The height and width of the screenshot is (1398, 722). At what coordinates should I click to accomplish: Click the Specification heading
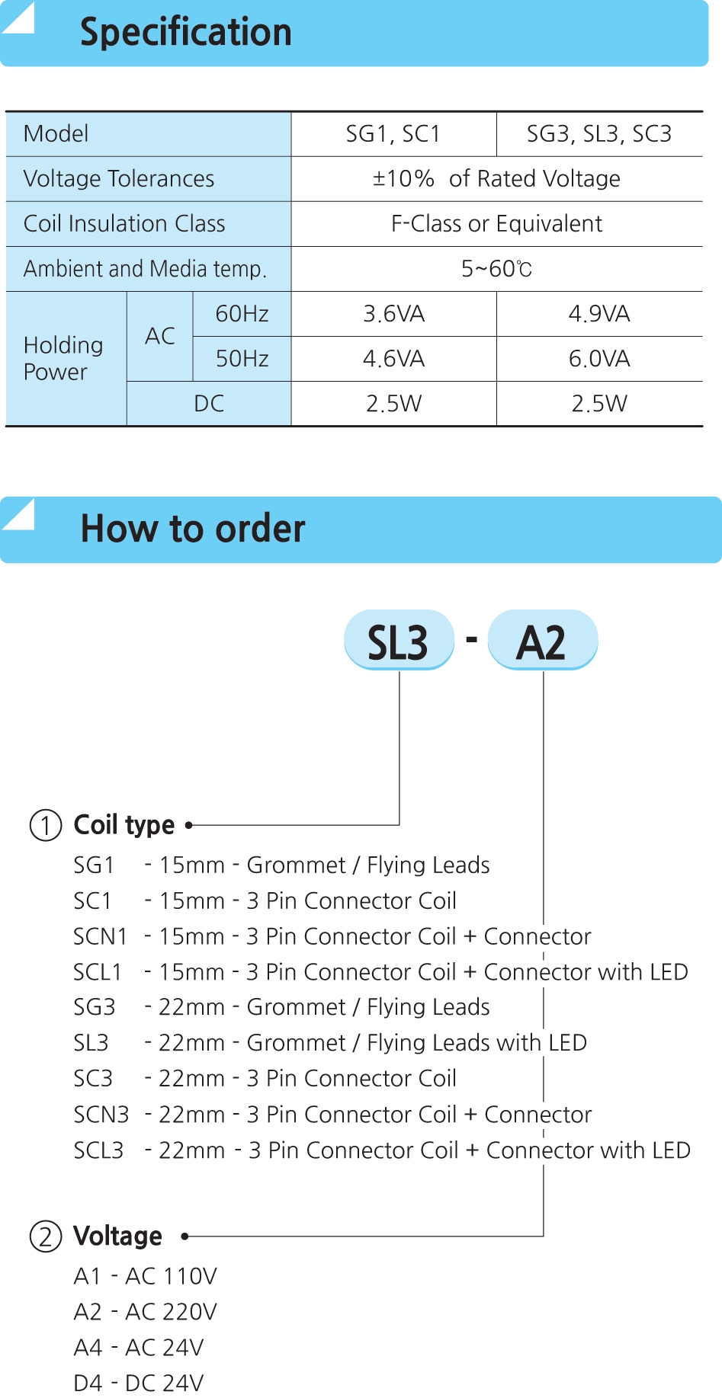(186, 33)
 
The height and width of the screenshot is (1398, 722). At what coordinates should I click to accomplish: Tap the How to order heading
(193, 529)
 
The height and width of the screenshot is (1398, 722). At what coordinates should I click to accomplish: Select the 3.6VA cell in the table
(393, 314)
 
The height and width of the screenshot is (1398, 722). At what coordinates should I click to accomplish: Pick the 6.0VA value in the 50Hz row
(599, 359)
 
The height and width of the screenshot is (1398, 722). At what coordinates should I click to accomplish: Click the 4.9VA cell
(599, 314)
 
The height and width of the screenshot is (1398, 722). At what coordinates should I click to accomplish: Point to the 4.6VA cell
(393, 359)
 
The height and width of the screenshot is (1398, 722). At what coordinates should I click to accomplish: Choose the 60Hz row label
(242, 314)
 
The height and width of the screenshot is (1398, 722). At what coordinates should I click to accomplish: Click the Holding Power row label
(63, 358)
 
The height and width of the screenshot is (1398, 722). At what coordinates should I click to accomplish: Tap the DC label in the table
(209, 404)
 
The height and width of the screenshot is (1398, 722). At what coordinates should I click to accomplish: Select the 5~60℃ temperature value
(496, 269)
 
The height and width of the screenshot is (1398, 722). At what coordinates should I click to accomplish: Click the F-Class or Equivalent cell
(496, 224)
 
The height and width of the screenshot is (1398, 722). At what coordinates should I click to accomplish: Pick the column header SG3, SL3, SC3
(599, 134)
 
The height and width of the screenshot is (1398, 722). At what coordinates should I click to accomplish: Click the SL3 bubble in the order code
(399, 640)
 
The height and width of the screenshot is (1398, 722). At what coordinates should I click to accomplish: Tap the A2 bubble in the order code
(542, 640)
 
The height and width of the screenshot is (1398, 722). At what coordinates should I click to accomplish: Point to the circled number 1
(46, 825)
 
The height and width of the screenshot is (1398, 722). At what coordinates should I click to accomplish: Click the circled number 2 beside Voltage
(46, 1236)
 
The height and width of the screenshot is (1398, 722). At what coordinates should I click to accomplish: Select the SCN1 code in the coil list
(100, 936)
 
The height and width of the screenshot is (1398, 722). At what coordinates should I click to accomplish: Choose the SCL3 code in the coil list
(98, 1150)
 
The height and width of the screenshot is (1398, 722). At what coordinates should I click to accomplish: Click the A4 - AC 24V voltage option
(139, 1348)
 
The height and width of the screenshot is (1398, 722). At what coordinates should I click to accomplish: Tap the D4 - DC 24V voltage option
(139, 1383)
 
